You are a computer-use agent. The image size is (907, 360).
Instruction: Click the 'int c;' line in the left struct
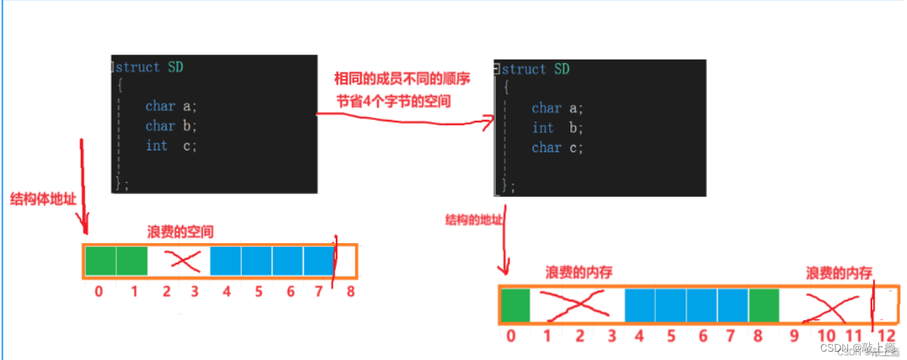tap(171, 146)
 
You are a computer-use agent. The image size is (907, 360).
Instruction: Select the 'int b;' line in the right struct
tap(558, 128)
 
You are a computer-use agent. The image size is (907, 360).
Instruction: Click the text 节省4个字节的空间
tap(393, 100)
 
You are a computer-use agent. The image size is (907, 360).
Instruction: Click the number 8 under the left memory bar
tap(350, 291)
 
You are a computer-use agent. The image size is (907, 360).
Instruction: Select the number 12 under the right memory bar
tap(887, 336)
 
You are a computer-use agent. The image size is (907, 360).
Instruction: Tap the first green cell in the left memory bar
tap(100, 260)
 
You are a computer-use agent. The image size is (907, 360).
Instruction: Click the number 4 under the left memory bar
tap(226, 291)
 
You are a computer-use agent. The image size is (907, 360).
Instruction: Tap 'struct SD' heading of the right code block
tap(535, 69)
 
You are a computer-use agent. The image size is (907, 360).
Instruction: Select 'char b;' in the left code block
tap(171, 126)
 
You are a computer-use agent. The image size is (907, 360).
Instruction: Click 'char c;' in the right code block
tap(558, 148)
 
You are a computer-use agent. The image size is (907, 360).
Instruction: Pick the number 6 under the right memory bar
tap(703, 335)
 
